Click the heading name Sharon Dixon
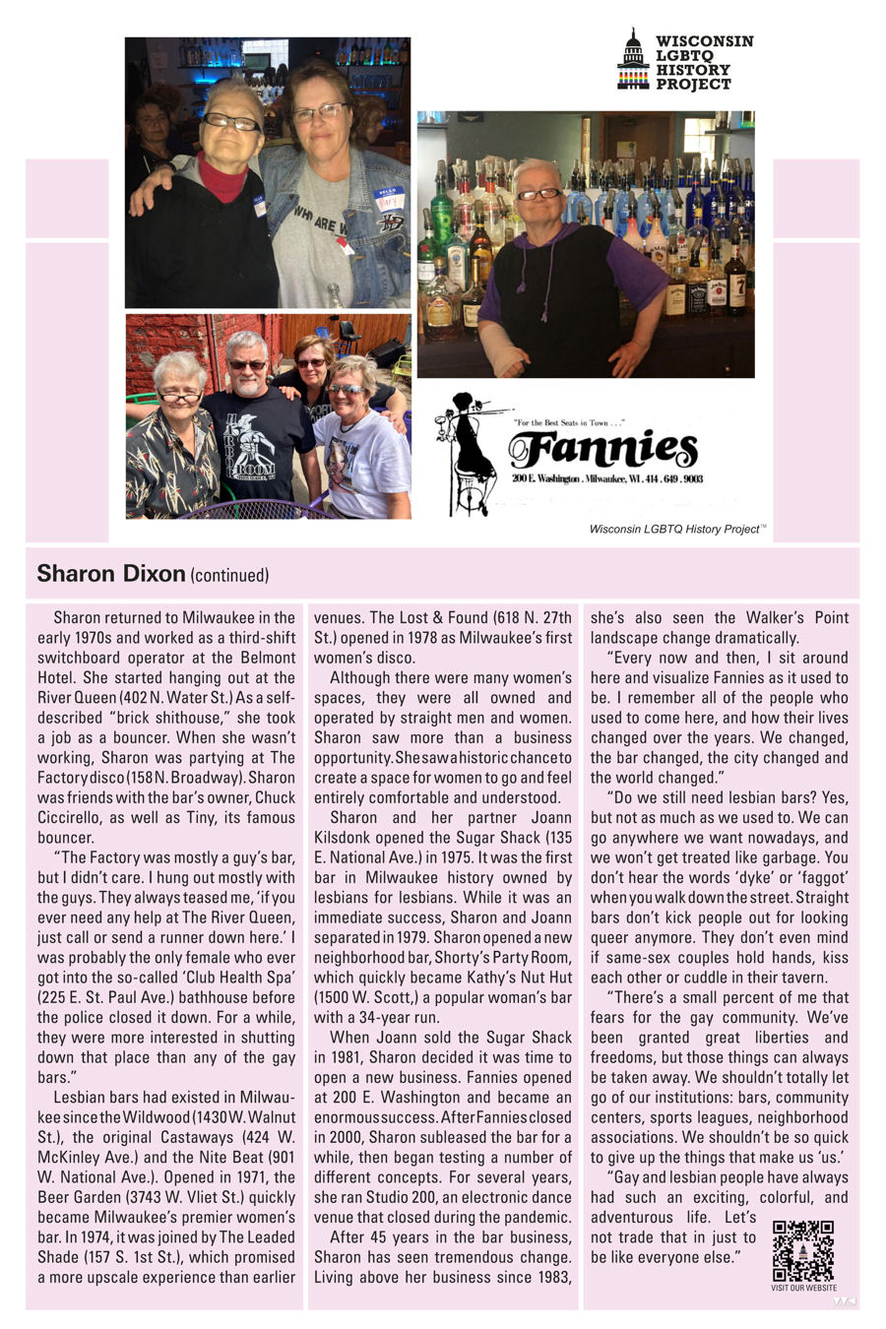[110, 573]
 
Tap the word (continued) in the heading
[229, 575]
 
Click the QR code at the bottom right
[802, 1250]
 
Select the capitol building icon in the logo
[633, 60]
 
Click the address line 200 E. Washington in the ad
[607, 478]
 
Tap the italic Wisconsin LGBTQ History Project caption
[676, 529]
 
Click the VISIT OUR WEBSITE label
[803, 1288]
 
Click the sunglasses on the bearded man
[247, 365]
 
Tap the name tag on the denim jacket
[389, 196]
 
